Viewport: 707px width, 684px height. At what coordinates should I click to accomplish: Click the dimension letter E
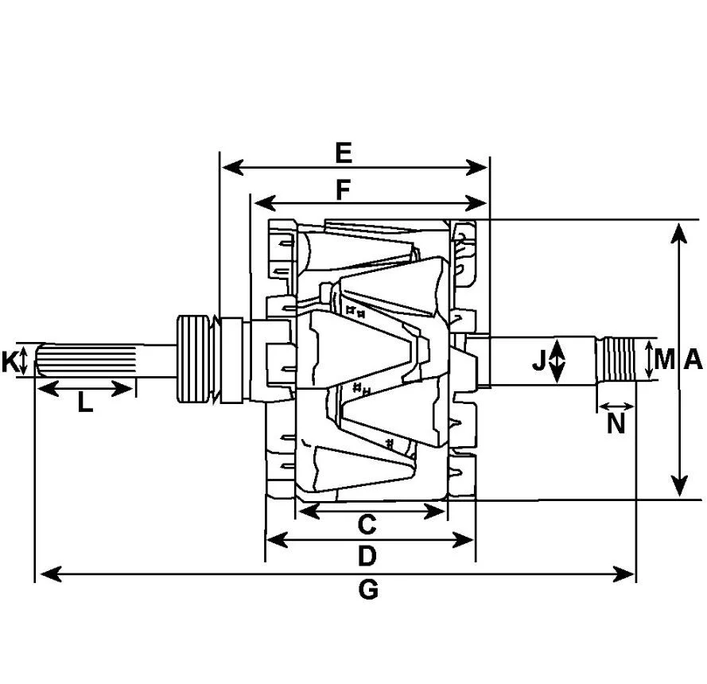pyautogui.click(x=344, y=153)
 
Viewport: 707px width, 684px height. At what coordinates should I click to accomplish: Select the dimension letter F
pyautogui.click(x=344, y=189)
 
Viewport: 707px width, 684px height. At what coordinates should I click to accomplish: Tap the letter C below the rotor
pyautogui.click(x=367, y=525)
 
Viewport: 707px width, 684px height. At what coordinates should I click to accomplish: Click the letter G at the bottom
pyautogui.click(x=368, y=590)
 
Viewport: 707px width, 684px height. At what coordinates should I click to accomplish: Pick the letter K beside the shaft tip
pyautogui.click(x=10, y=362)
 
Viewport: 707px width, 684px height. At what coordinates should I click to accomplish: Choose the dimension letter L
pyautogui.click(x=85, y=402)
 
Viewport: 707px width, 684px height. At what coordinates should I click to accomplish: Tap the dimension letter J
pyautogui.click(x=539, y=360)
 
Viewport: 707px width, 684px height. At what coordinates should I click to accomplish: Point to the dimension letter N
pyautogui.click(x=616, y=423)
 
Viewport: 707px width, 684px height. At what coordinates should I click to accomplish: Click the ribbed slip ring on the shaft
pyautogui.click(x=193, y=359)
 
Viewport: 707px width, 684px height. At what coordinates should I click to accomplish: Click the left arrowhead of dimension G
pyautogui.click(x=51, y=574)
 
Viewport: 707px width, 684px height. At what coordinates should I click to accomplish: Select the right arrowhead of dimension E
pyautogui.click(x=476, y=167)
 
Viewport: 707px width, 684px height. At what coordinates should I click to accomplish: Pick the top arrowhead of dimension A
pyautogui.click(x=678, y=233)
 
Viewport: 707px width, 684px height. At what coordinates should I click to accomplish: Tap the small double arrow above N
pyautogui.click(x=616, y=406)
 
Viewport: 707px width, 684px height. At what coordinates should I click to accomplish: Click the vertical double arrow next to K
pyautogui.click(x=25, y=360)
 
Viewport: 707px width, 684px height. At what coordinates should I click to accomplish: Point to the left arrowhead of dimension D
pyautogui.click(x=277, y=540)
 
